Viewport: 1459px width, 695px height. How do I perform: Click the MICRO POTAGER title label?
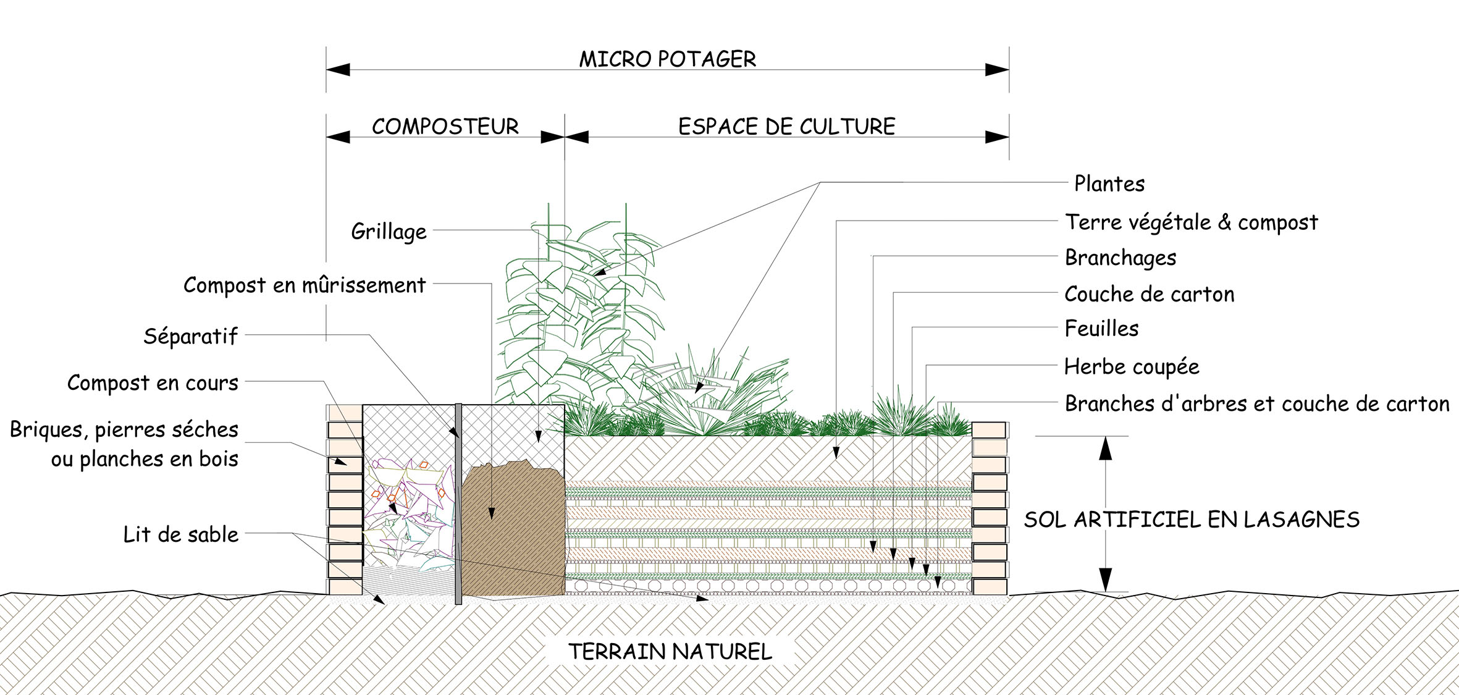(667, 59)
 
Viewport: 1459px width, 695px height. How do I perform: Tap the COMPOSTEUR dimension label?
(445, 127)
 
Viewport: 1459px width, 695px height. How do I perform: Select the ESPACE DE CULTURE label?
(786, 127)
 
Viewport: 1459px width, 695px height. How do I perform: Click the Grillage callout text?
(389, 232)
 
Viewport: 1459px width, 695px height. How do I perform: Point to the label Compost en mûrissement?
(305, 285)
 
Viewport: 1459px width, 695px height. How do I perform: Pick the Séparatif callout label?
(190, 336)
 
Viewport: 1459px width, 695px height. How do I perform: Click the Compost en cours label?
(153, 383)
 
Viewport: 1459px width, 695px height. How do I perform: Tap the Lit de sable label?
(180, 534)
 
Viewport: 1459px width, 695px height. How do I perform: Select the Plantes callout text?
(1109, 184)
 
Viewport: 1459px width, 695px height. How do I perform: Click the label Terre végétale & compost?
(1191, 222)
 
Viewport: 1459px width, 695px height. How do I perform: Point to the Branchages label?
(1120, 258)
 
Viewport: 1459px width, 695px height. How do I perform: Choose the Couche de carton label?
(1149, 294)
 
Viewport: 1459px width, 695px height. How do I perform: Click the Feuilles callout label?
(1101, 329)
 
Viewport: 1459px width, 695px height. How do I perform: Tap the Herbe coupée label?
(1131, 367)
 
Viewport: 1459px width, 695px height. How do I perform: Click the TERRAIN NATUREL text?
(670, 652)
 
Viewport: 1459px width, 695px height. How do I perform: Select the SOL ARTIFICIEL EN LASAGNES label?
(1192, 520)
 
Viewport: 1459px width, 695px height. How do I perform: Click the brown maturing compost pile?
(513, 531)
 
